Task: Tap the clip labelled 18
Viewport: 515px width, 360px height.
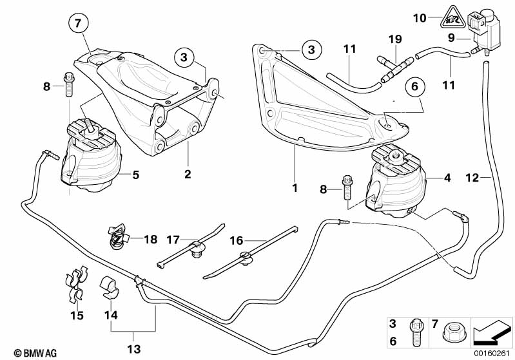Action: pyautogui.click(x=117, y=237)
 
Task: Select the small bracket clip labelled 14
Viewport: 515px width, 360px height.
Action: pyautogui.click(x=110, y=286)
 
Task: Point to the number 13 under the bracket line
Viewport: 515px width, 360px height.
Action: pyautogui.click(x=133, y=348)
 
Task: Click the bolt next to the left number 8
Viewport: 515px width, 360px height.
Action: pyautogui.click(x=68, y=84)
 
